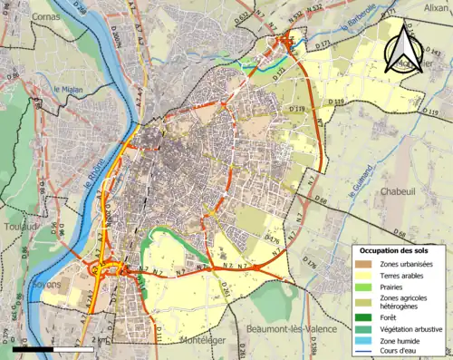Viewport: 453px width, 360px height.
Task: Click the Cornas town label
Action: point(45,16)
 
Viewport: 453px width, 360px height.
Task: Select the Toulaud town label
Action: point(21,227)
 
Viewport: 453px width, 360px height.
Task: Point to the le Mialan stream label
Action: point(69,89)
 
